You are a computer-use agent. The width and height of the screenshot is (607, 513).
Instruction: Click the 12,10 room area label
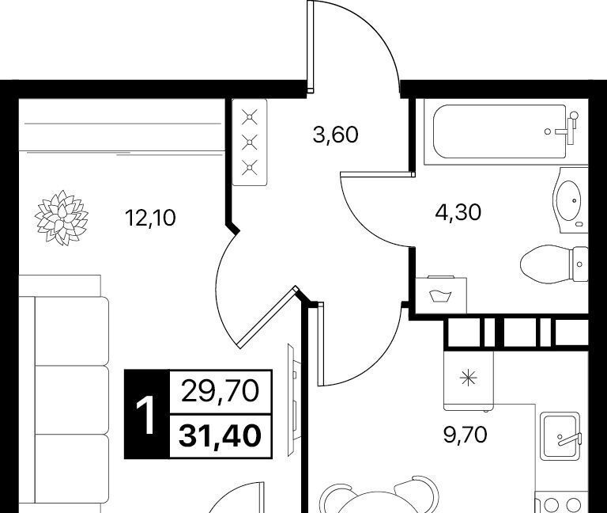pyautogui.click(x=150, y=218)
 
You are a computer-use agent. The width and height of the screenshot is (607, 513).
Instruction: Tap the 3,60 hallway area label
pyautogui.click(x=335, y=135)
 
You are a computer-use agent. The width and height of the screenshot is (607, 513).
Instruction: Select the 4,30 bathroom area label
pyautogui.click(x=458, y=212)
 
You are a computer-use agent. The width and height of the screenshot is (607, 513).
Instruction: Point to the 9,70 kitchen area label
pyautogui.click(x=465, y=435)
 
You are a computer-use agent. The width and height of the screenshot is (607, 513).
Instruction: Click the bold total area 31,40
pyautogui.click(x=219, y=435)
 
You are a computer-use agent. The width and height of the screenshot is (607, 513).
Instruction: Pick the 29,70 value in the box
pyautogui.click(x=220, y=391)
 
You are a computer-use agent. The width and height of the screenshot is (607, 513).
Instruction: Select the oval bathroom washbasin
pyautogui.click(x=569, y=200)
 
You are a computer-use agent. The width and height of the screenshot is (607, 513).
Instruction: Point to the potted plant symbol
pyautogui.click(x=62, y=217)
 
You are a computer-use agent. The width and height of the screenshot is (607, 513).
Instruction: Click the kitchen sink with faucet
pyautogui.click(x=561, y=436)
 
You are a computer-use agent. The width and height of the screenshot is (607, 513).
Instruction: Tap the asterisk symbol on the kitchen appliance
pyautogui.click(x=468, y=378)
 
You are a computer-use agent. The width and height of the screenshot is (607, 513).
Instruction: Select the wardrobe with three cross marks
pyautogui.click(x=250, y=142)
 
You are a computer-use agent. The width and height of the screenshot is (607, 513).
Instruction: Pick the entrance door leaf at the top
pyautogui.click(x=310, y=47)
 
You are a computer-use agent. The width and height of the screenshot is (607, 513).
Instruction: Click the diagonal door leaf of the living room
pyautogui.click(x=268, y=317)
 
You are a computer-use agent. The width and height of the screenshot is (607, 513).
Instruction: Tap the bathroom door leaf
pyautogui.click(x=378, y=175)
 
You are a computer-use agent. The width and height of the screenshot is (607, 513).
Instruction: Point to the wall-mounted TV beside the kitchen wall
pyautogui.click(x=292, y=400)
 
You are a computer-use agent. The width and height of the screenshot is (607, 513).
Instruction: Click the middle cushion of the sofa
pyautogui.click(x=72, y=400)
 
